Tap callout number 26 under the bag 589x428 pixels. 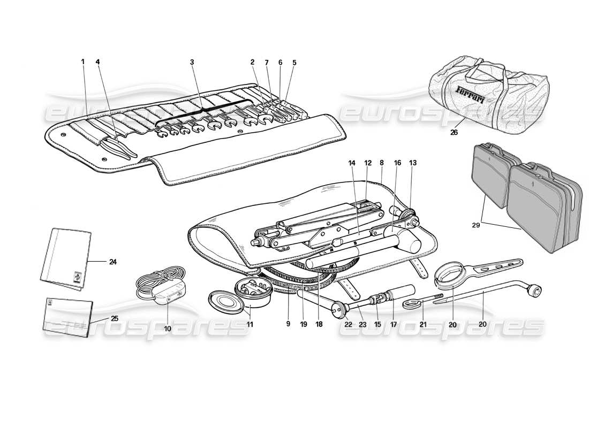454,132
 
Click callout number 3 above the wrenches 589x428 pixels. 192,62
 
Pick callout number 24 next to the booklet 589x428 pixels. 112,262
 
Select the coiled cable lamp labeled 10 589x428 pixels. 161,289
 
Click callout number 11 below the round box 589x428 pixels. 250,324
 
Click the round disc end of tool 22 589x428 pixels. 338,309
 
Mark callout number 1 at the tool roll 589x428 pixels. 83,62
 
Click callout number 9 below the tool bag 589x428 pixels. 288,324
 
